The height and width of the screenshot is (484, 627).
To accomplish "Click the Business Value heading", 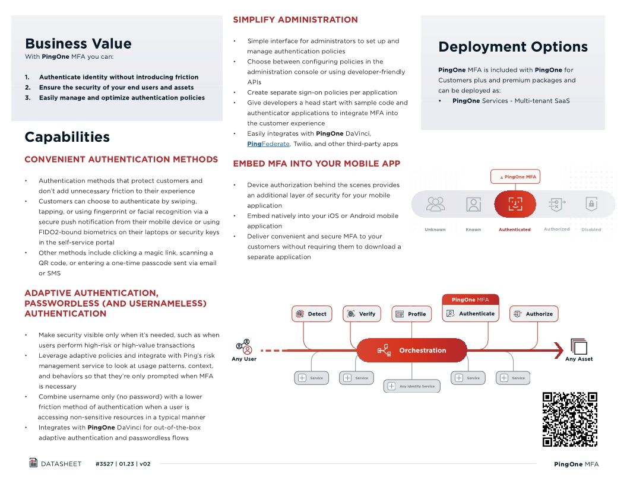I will [78, 43].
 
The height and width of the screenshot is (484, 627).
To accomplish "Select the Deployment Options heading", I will [512, 47].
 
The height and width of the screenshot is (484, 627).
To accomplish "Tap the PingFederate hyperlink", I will [268, 144].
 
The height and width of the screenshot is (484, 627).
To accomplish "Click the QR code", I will [569, 419].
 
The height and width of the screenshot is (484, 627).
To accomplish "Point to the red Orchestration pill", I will [412, 351].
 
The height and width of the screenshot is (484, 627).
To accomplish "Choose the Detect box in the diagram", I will [312, 314].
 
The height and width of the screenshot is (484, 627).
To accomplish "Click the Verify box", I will [362, 314].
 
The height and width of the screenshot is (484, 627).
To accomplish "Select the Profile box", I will [411, 314].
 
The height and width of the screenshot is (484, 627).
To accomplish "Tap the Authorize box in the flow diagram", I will [534, 314].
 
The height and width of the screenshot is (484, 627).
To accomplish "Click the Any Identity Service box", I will [411, 386].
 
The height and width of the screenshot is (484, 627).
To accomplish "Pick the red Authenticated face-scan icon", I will [515, 205].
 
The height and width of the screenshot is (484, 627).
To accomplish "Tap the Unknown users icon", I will [435, 205].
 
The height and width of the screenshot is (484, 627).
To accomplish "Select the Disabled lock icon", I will [591, 205].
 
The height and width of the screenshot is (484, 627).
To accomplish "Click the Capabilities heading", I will [67, 137].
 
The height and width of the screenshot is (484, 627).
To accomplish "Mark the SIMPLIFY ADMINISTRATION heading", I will [295, 20].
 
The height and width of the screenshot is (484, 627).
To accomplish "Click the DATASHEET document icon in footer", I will [34, 463].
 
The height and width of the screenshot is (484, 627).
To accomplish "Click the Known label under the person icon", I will [473, 230].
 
